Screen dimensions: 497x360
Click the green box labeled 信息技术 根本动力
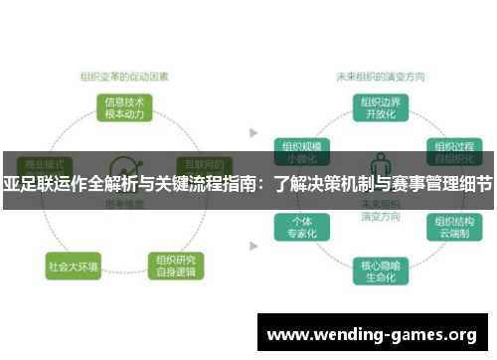point(125,106)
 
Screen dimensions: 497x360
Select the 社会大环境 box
point(73,267)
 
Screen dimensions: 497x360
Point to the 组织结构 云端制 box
point(452,226)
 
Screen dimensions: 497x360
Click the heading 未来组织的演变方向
point(378,75)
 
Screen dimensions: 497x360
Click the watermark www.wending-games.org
point(372,333)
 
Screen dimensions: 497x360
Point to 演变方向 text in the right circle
point(379,213)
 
